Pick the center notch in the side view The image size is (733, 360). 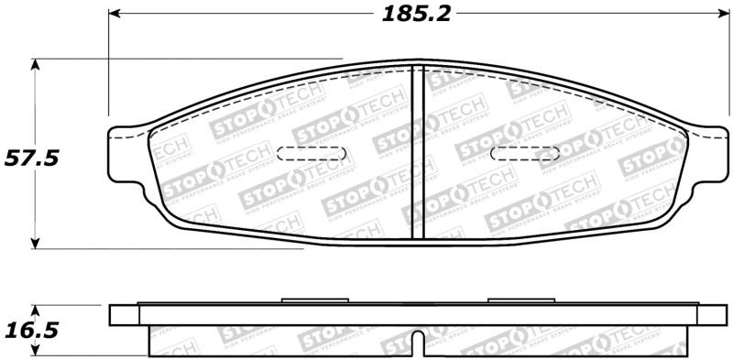pyautogui.click(x=417, y=344)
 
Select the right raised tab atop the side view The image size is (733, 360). pyautogui.click(x=520, y=300)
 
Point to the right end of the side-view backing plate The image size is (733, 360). pyautogui.click(x=711, y=313)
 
